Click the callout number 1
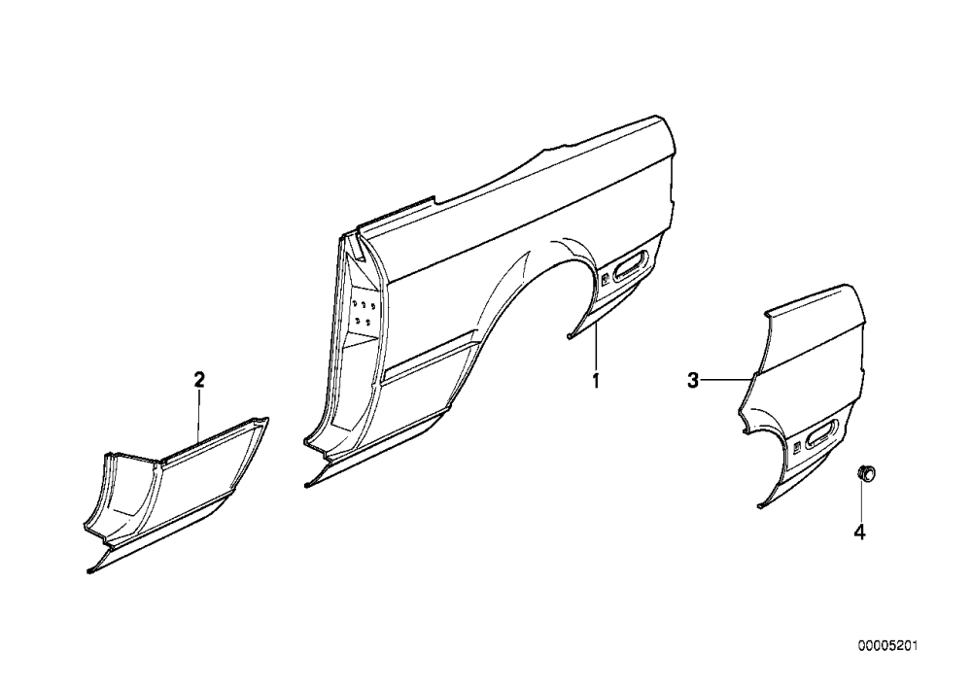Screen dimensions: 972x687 (x=596, y=380)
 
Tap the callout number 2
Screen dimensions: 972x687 (x=199, y=379)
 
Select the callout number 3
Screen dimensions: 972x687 (x=693, y=380)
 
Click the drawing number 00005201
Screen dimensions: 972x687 (x=887, y=646)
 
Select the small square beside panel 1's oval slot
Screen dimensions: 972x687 (x=605, y=277)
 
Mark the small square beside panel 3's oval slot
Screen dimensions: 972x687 (x=797, y=445)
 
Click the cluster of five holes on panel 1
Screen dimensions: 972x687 (x=364, y=312)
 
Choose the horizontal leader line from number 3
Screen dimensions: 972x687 (x=727, y=379)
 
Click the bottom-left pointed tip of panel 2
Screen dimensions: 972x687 (x=89, y=571)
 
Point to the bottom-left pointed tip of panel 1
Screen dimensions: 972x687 (x=306, y=485)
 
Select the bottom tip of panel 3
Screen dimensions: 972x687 (x=760, y=506)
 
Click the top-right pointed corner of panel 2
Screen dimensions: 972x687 (x=267, y=419)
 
